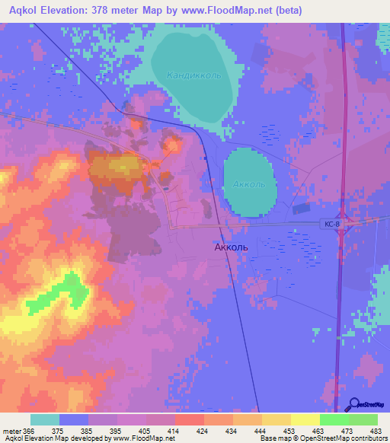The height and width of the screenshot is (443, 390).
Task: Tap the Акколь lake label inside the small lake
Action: click(249, 184)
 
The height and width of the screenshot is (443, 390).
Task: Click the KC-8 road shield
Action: click(329, 224)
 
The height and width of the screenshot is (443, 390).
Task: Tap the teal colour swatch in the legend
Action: click(45, 419)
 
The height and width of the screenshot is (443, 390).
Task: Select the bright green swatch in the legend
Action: click(334, 419)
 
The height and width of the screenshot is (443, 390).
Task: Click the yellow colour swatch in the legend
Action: click(276, 419)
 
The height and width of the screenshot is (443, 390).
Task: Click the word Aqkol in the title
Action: click(24, 11)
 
